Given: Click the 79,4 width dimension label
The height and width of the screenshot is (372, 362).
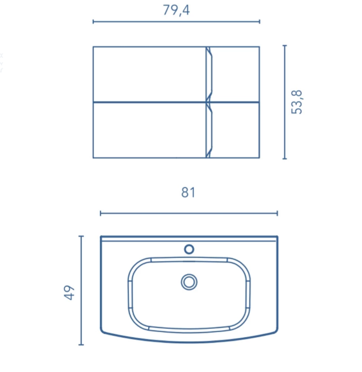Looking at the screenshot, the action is (x=176, y=10).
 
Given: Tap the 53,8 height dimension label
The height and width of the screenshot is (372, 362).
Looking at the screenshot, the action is (x=296, y=102).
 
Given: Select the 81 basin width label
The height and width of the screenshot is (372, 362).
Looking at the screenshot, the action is (x=188, y=192).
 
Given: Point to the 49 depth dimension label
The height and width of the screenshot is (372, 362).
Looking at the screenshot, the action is (x=69, y=293).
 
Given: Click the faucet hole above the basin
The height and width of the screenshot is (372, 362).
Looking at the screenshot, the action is (x=189, y=249).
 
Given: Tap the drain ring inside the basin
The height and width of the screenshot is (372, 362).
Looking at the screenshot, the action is (x=189, y=282).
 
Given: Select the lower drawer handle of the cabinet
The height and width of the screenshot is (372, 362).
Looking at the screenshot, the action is (x=209, y=131).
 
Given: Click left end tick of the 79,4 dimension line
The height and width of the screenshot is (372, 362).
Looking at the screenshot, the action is (x=93, y=22).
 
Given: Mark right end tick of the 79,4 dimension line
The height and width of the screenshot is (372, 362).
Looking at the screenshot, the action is (x=260, y=22).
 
